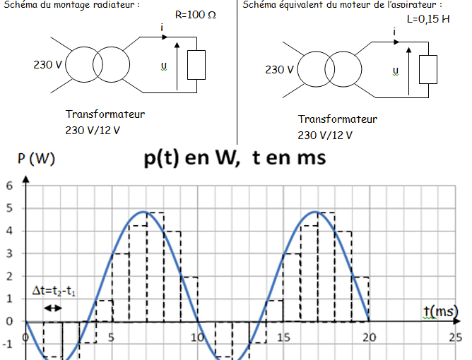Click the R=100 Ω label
pos(196,15)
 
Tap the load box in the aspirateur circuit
pos(428,68)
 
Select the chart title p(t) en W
pos(234,158)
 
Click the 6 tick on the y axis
pos(9,186)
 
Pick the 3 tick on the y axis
pos(9,253)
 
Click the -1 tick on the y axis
pos(8,344)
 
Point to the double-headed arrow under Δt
pos(53,308)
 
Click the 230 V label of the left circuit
pos(47,65)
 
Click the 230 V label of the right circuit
pos(279,69)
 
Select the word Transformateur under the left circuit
pos(105,114)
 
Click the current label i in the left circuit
pos(163,28)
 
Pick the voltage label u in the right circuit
pos(395,70)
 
